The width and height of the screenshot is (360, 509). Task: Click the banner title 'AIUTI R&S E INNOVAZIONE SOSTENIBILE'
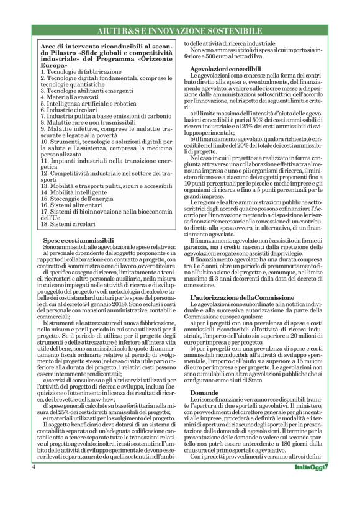point(179,31)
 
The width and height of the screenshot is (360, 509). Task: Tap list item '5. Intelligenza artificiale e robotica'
point(89,103)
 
